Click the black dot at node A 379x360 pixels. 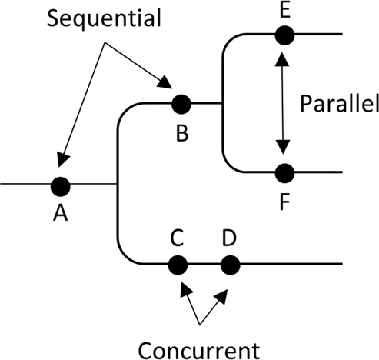(x=60, y=185)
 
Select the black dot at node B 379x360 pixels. (x=181, y=103)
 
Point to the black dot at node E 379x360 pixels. (x=284, y=35)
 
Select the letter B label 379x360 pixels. (x=182, y=134)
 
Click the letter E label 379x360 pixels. (x=285, y=10)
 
